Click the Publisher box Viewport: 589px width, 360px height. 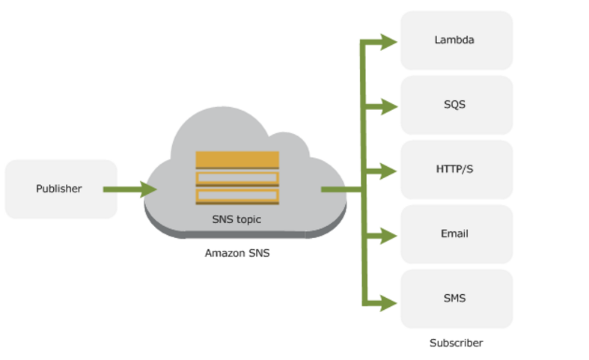click(61, 189)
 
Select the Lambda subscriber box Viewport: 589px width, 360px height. click(457, 40)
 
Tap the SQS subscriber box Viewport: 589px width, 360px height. click(457, 105)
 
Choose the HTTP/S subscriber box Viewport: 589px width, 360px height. click(457, 170)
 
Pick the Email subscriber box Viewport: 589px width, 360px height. click(457, 234)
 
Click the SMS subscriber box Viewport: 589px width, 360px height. click(457, 299)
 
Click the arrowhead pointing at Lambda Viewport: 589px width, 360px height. click(388, 41)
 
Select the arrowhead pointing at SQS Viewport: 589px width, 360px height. click(388, 106)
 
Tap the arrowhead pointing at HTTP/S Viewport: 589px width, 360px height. click(388, 171)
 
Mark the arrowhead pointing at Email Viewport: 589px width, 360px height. click(388, 236)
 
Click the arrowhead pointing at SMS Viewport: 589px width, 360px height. click(388, 303)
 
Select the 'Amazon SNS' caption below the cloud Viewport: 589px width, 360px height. click(237, 253)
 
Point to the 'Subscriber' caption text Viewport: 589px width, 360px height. click(456, 343)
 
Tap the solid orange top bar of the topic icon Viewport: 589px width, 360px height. click(237, 159)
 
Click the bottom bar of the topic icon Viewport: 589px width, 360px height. click(237, 196)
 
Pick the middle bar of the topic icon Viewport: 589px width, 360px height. click(237, 179)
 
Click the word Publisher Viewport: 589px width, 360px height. click(58, 189)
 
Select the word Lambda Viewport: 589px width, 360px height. click(454, 40)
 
